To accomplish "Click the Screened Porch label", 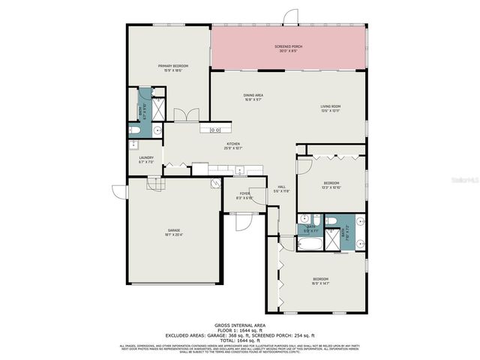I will pyautogui.click(x=288, y=49).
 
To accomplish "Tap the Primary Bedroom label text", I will pyautogui.click(x=172, y=68).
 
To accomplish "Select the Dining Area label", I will pyautogui.click(x=253, y=97).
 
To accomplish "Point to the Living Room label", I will pyautogui.click(x=331, y=108).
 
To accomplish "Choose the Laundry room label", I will pyautogui.click(x=146, y=159).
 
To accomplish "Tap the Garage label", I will pyautogui.click(x=174, y=232).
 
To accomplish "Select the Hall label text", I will pyautogui.click(x=281, y=189).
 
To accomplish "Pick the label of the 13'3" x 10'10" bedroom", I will pyautogui.click(x=331, y=185).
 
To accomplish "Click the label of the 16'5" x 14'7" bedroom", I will pyautogui.click(x=320, y=281).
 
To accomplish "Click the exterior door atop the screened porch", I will pyautogui.click(x=287, y=19).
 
